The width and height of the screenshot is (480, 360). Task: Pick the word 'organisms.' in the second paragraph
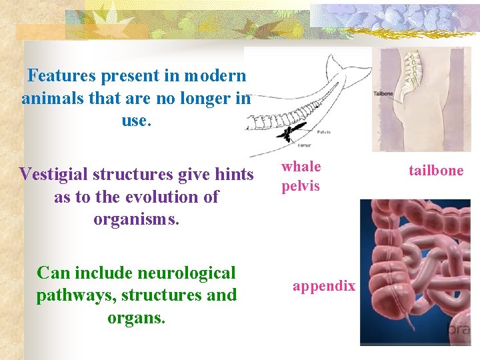[x=136, y=219]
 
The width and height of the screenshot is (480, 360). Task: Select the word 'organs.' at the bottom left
[x=136, y=317]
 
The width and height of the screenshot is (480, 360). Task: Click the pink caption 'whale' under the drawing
[x=301, y=167]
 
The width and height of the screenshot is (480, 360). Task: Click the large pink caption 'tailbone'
[x=436, y=171]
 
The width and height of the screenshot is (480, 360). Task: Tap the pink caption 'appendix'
[x=324, y=286]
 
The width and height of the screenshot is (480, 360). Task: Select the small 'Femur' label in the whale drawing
[x=304, y=144]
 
